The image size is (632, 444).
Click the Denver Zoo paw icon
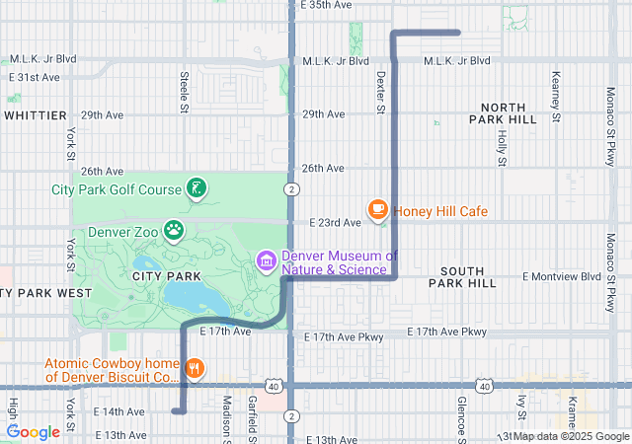(174, 231)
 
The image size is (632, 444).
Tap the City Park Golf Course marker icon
(197, 188)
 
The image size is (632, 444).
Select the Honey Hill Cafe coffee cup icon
(377, 209)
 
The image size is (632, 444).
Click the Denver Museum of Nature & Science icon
(266, 261)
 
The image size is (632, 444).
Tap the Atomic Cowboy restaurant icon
(196, 369)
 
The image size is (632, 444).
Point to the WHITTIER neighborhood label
(35, 115)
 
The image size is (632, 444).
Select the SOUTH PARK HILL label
(462, 276)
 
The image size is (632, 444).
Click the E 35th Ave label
(326, 5)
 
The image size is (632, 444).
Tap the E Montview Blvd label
(562, 276)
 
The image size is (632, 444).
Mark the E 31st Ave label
(35, 77)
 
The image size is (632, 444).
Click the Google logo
(34, 432)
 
